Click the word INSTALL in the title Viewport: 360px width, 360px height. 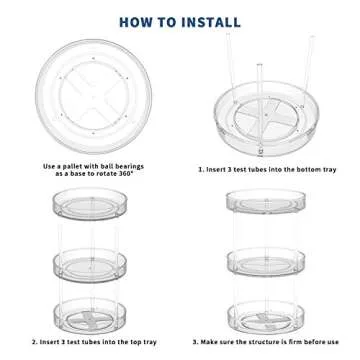coord(211,22)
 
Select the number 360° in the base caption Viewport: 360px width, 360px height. coord(124,173)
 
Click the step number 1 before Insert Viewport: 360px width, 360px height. coord(201,169)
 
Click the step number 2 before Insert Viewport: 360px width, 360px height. coord(34,342)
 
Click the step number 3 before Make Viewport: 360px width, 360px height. coord(195,342)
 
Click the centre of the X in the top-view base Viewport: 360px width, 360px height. coord(94,95)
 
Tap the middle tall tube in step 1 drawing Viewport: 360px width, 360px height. coord(260,108)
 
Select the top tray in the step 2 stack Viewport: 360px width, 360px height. coord(90,204)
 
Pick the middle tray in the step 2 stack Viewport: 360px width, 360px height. coord(90,266)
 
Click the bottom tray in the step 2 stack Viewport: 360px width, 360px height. coord(90,316)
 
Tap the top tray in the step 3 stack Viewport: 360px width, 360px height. coord(266,201)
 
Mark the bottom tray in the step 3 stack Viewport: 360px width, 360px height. coord(266,317)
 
